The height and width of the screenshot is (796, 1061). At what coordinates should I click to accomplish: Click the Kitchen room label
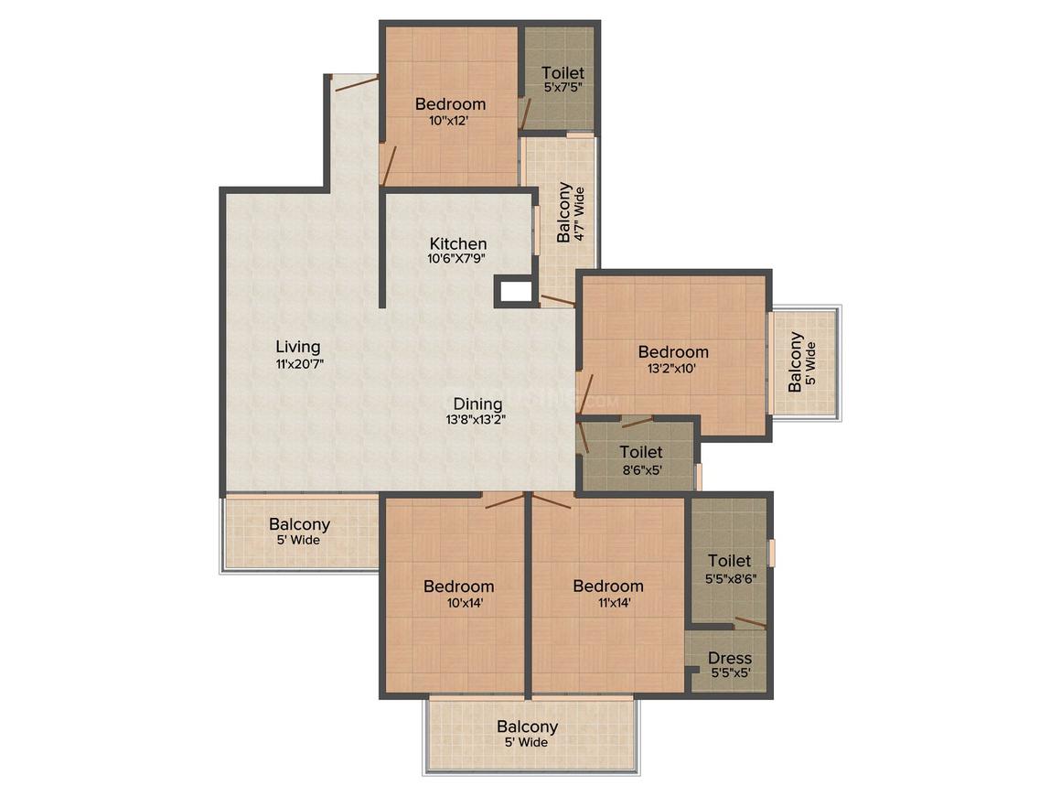(458, 244)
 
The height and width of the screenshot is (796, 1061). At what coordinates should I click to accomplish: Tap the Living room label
(299, 347)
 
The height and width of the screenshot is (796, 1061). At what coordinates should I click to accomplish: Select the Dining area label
(477, 403)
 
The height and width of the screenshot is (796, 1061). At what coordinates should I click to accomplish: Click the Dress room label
(730, 658)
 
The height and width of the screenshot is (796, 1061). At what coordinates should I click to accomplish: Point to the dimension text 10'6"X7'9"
(458, 259)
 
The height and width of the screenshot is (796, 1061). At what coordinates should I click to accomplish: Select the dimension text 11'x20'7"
(299, 363)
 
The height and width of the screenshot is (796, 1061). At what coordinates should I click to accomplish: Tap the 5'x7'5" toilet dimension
(563, 88)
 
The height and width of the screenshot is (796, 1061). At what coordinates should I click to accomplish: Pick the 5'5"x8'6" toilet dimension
(730, 577)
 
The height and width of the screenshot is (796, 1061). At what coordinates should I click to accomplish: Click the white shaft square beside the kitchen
(516, 293)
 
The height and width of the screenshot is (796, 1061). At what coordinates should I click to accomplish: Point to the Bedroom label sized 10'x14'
(458, 586)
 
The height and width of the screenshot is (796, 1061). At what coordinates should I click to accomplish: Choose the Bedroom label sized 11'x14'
(608, 586)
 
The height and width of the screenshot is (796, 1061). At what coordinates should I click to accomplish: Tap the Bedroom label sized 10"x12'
(450, 104)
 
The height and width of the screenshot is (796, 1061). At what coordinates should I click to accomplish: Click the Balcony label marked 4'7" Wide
(564, 213)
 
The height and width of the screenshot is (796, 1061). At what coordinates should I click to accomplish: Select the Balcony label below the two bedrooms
(528, 727)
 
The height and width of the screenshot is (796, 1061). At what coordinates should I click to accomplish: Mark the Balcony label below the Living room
(299, 525)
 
